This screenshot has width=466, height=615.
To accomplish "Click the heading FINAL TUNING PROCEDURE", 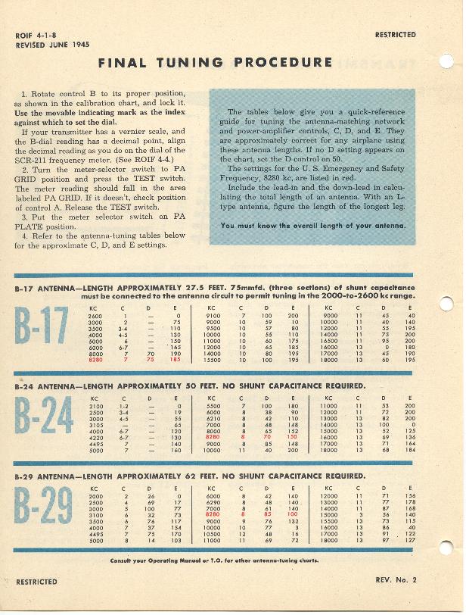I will (215, 63).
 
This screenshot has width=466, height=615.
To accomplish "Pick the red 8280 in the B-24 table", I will (213, 437).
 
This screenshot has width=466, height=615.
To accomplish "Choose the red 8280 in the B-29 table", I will (213, 514).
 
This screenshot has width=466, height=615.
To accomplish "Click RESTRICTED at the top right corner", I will (395, 35).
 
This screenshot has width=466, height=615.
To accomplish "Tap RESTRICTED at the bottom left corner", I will (36, 582).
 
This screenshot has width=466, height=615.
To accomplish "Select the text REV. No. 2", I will (395, 581).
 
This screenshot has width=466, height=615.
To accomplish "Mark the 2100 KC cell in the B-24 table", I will (95, 406).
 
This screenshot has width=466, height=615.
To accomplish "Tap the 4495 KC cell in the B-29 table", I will (95, 534).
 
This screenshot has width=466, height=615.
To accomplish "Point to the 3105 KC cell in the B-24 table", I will (95, 425).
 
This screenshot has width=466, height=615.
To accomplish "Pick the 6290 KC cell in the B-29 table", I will (213, 501).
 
